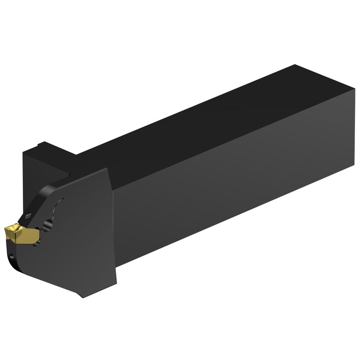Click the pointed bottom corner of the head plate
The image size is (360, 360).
pos(83,297)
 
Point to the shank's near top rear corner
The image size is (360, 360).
pos(353,94)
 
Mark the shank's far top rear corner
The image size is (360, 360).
pos(295,65)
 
